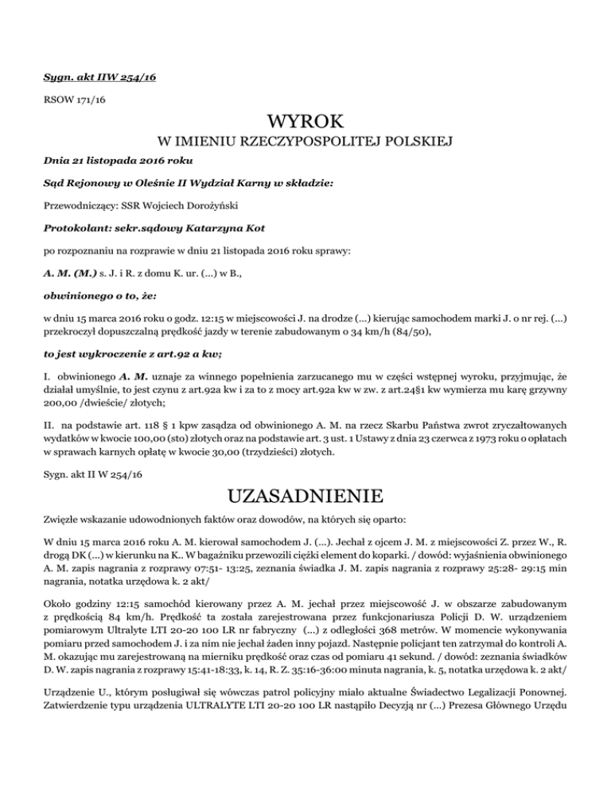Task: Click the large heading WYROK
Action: click(305, 122)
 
